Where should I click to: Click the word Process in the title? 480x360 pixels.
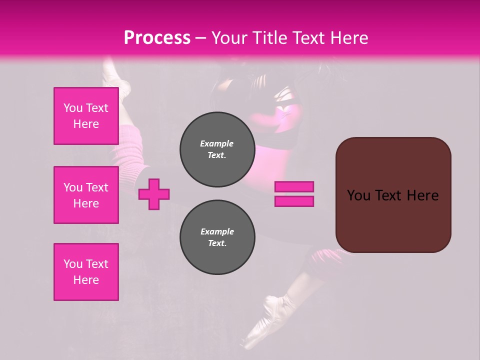(157, 37)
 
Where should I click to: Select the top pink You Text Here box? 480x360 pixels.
(86, 116)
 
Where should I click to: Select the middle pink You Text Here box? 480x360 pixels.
(86, 195)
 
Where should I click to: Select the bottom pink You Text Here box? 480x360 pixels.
(86, 272)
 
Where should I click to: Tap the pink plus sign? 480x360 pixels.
(154, 193)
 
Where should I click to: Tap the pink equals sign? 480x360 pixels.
(294, 194)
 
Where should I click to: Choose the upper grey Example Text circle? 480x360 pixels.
(217, 149)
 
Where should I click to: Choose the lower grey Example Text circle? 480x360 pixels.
(217, 237)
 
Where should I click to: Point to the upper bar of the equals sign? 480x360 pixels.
(294, 187)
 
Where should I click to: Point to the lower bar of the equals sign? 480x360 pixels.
(294, 201)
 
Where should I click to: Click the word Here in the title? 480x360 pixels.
(348, 37)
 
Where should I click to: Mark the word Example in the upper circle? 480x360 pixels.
(217, 143)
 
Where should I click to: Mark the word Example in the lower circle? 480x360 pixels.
(217, 231)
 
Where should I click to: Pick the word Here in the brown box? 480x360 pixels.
(422, 195)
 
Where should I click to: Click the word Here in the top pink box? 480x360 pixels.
(86, 124)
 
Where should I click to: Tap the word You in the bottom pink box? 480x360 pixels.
(73, 264)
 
